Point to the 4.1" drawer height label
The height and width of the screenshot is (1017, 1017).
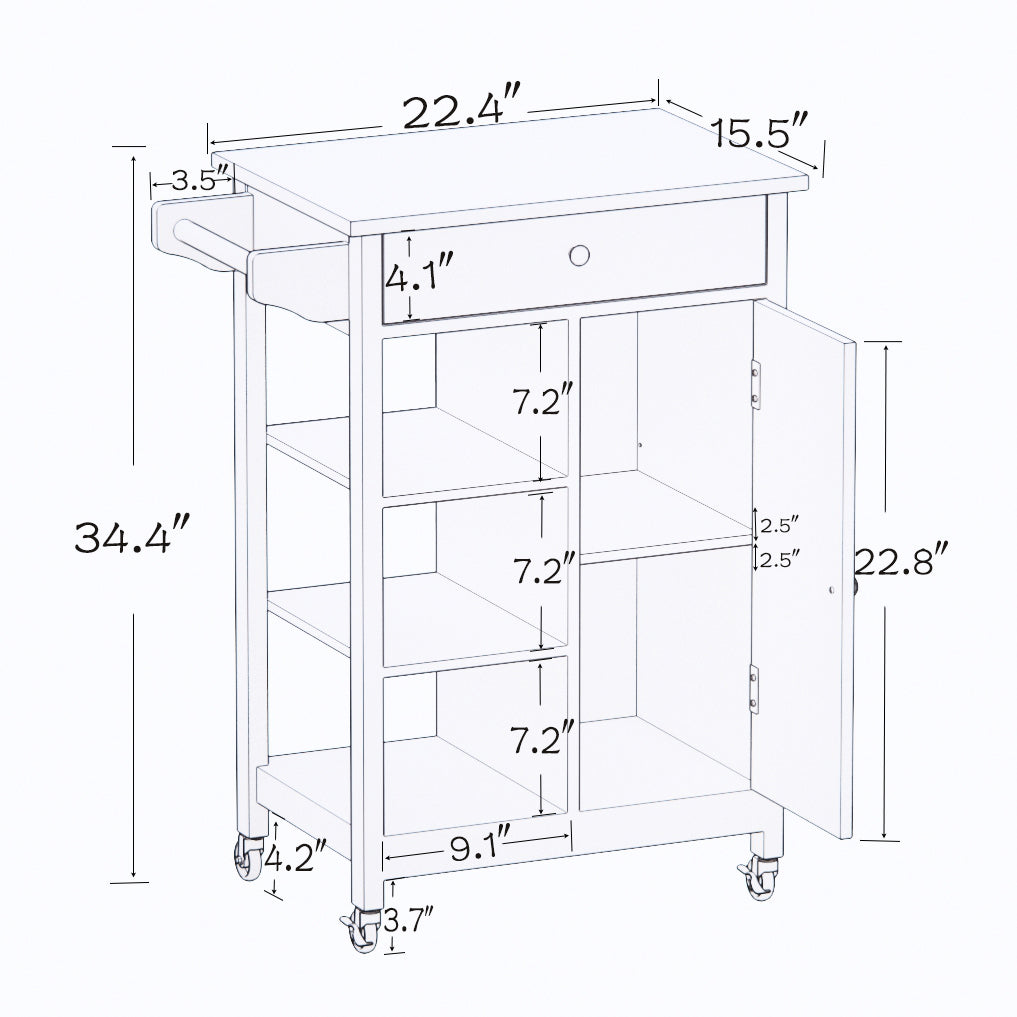pyautogui.click(x=420, y=273)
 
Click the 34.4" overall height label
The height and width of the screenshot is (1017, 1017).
pyautogui.click(x=130, y=538)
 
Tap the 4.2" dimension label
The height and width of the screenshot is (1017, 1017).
pyautogui.click(x=298, y=857)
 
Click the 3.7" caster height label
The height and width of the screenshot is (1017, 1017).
pyautogui.click(x=410, y=918)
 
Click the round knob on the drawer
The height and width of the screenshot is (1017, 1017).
pyautogui.click(x=580, y=256)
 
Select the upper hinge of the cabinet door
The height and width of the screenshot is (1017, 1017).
pyautogui.click(x=755, y=386)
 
